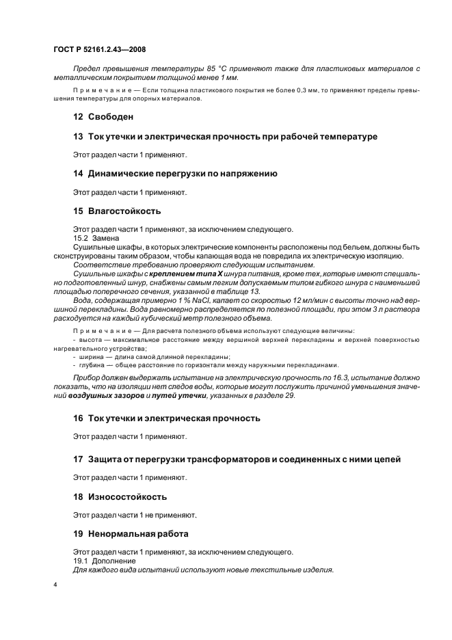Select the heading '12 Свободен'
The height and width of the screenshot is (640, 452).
103,117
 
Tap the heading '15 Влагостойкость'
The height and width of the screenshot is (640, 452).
116,211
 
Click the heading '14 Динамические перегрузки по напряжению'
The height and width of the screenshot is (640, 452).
174,174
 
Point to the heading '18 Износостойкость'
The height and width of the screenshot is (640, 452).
120,496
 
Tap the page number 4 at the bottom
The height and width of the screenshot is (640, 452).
55,586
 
